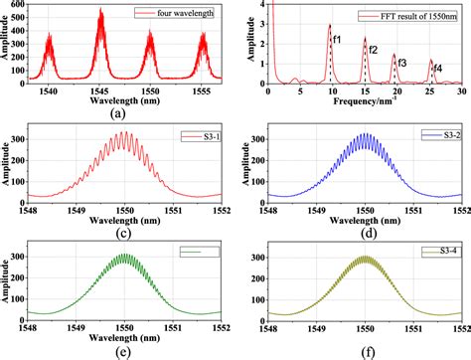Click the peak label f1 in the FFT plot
coord(339,39)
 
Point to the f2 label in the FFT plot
coord(373,50)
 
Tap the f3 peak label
coord(400,63)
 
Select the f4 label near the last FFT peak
coord(438,68)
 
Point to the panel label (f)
coord(367,352)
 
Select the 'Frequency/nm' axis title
coord(366,100)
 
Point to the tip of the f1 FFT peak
coord(329,26)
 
